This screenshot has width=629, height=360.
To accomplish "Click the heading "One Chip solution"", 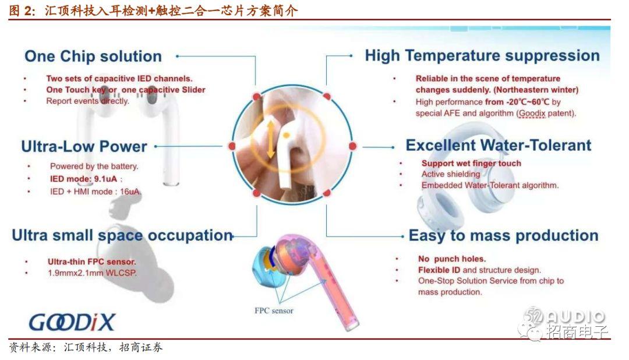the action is [x=93, y=57].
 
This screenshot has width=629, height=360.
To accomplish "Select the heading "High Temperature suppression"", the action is [x=482, y=56].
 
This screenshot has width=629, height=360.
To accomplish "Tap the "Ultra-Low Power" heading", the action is [x=84, y=146].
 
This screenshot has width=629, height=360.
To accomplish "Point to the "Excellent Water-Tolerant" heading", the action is [x=498, y=145].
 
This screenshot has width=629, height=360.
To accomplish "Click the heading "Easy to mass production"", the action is [x=503, y=235].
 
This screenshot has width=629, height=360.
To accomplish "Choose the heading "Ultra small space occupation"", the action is [x=122, y=235].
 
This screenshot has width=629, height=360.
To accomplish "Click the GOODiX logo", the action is [x=72, y=322].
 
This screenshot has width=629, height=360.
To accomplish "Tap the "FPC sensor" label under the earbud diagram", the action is [x=274, y=310].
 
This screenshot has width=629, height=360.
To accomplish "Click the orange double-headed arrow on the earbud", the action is [x=271, y=139].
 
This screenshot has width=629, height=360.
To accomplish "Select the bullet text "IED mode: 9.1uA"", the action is [x=83, y=179].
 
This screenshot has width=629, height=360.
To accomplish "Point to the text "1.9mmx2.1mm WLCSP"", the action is [x=92, y=273].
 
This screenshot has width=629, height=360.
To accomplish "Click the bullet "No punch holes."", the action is [x=452, y=259].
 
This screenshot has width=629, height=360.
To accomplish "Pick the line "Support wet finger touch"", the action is [x=471, y=163].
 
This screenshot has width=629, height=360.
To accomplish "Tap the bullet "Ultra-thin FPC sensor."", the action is [x=92, y=262].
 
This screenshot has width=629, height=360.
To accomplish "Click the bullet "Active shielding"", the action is [x=450, y=174].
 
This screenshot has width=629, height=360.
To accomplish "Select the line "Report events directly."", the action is [x=87, y=101].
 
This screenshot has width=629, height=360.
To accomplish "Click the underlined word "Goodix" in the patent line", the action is [x=532, y=114].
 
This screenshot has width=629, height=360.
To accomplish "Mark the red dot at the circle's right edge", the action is [x=352, y=146].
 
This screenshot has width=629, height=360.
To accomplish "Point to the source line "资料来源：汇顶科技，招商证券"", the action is [x=86, y=348].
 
